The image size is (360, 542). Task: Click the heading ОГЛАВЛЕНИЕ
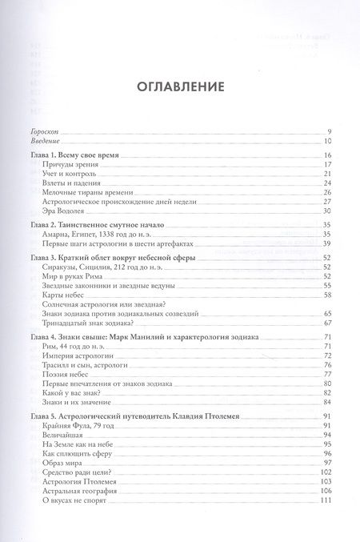click(x=179, y=85)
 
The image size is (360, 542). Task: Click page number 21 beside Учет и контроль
click(x=326, y=174)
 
